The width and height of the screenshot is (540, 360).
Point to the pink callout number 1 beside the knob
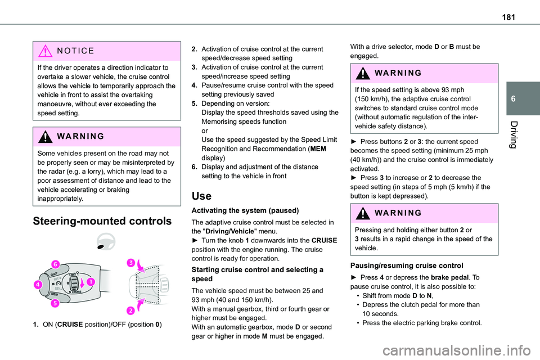pyautogui.click(x=90, y=281)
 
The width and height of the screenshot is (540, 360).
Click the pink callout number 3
pyautogui.click(x=131, y=263)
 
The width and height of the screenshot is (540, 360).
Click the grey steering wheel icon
pyautogui.click(x=106, y=241)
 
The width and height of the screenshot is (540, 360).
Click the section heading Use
pyautogui.click(x=201, y=196)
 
